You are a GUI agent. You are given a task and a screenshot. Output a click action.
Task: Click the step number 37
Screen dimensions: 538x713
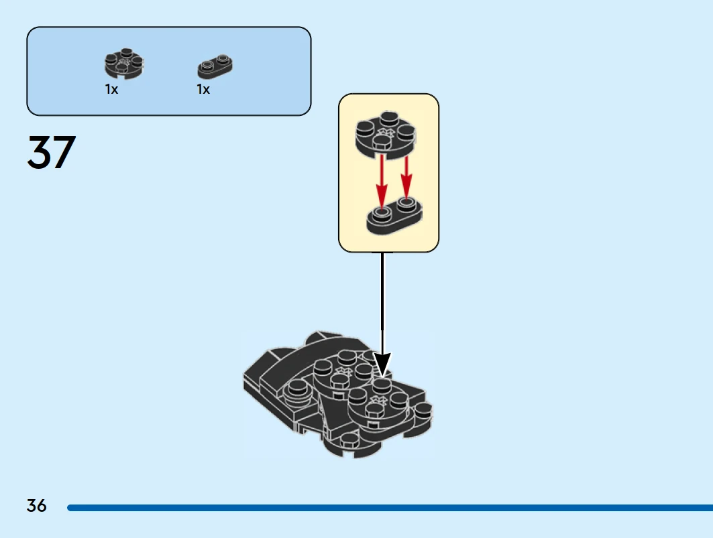click(51, 153)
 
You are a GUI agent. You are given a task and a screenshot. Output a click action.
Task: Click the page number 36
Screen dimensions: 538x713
click(37, 506)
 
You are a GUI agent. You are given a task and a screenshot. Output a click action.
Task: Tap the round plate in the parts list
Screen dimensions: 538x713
click(124, 64)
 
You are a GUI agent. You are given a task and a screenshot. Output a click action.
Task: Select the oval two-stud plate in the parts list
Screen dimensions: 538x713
click(215, 66)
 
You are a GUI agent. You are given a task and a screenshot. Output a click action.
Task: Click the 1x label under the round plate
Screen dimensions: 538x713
click(111, 90)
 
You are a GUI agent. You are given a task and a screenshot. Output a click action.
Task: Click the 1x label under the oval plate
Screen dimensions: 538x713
click(203, 90)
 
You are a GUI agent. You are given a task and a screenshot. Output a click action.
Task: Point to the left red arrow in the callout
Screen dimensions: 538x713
click(382, 180)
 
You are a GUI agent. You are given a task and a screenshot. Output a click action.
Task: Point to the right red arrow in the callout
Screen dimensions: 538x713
click(406, 174)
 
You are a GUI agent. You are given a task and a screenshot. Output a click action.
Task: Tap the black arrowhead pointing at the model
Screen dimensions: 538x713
click(382, 365)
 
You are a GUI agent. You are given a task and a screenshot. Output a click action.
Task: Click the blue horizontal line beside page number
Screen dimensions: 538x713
click(389, 508)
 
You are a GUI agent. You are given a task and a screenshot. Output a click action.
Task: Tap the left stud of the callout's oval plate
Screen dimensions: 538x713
click(382, 213)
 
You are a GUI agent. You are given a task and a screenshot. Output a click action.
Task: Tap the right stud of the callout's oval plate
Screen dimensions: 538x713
click(406, 202)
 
